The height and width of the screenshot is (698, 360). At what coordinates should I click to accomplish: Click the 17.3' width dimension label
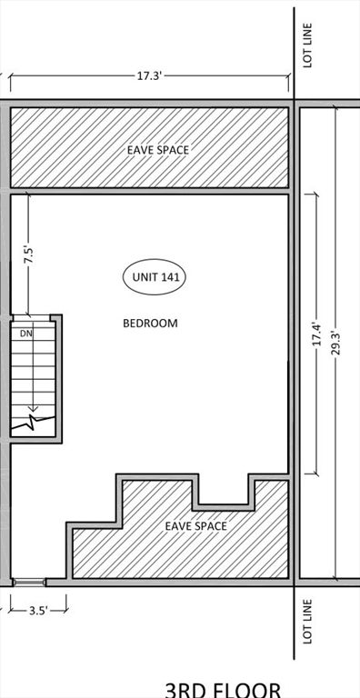point(149,76)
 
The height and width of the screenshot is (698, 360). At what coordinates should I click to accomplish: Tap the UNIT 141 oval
point(155,278)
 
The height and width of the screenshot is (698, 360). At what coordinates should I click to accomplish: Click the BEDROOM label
point(150,323)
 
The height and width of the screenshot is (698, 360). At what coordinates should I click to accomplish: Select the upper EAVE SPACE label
point(158,149)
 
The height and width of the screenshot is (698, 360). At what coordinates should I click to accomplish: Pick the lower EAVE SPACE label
point(195,525)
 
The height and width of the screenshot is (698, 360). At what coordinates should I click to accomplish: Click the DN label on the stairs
point(26,334)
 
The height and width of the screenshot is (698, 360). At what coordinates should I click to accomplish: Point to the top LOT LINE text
point(308,45)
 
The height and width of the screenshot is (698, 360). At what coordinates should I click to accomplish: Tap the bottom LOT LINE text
point(308,622)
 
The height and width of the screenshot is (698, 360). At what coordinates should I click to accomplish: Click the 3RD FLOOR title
point(216,689)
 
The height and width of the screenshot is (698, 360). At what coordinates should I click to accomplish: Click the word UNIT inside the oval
point(144,278)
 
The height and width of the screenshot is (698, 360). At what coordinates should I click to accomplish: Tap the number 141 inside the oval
point(169,278)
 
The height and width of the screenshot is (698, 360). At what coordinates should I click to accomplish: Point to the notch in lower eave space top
point(223,491)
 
